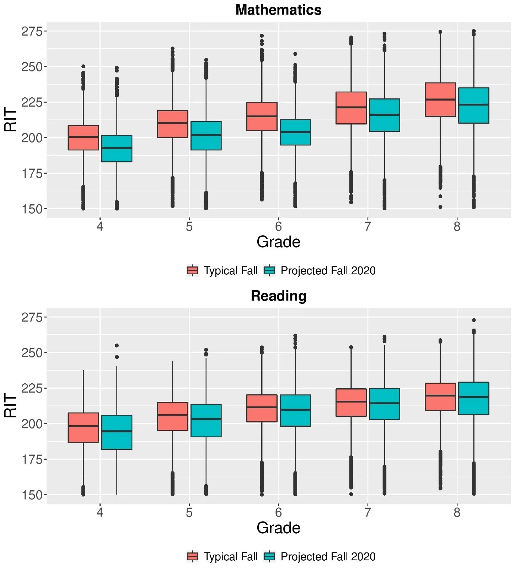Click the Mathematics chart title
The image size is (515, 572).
pos(278,10)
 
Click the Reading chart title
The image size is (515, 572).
pos(278,296)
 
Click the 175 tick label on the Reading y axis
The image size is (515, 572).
pos(32,459)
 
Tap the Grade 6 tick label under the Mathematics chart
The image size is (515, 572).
pos(278,226)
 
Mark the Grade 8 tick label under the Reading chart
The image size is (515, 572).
pos(457,512)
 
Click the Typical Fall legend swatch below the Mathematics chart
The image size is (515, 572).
pos(192,270)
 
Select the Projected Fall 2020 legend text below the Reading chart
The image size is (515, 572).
pos(328,556)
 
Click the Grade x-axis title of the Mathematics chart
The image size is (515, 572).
pos(278,242)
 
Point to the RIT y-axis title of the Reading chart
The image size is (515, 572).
pos(11,405)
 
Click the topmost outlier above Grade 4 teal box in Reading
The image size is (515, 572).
pos(117,345)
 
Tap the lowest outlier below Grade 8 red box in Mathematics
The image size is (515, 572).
pos(440,207)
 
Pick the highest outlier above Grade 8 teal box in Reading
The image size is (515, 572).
pos(473,320)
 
